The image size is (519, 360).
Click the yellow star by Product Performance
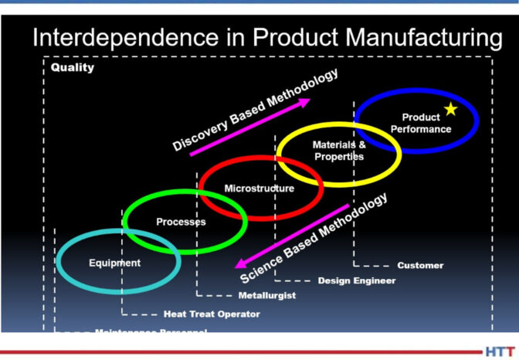point(451,110)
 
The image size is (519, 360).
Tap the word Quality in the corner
point(73,67)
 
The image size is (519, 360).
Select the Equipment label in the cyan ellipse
point(115,263)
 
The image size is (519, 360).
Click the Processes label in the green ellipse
point(181,222)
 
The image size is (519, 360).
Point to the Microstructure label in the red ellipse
point(259,188)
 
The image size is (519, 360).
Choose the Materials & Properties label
point(338,150)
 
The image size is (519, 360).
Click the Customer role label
point(420,266)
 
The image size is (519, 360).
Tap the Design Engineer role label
point(356,280)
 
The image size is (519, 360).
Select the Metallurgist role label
point(267,295)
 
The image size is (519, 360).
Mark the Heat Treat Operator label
point(211,314)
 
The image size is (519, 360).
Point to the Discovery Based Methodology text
point(254,110)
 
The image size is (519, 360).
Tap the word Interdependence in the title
point(121,38)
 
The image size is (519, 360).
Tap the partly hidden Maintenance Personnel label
point(150,331)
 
